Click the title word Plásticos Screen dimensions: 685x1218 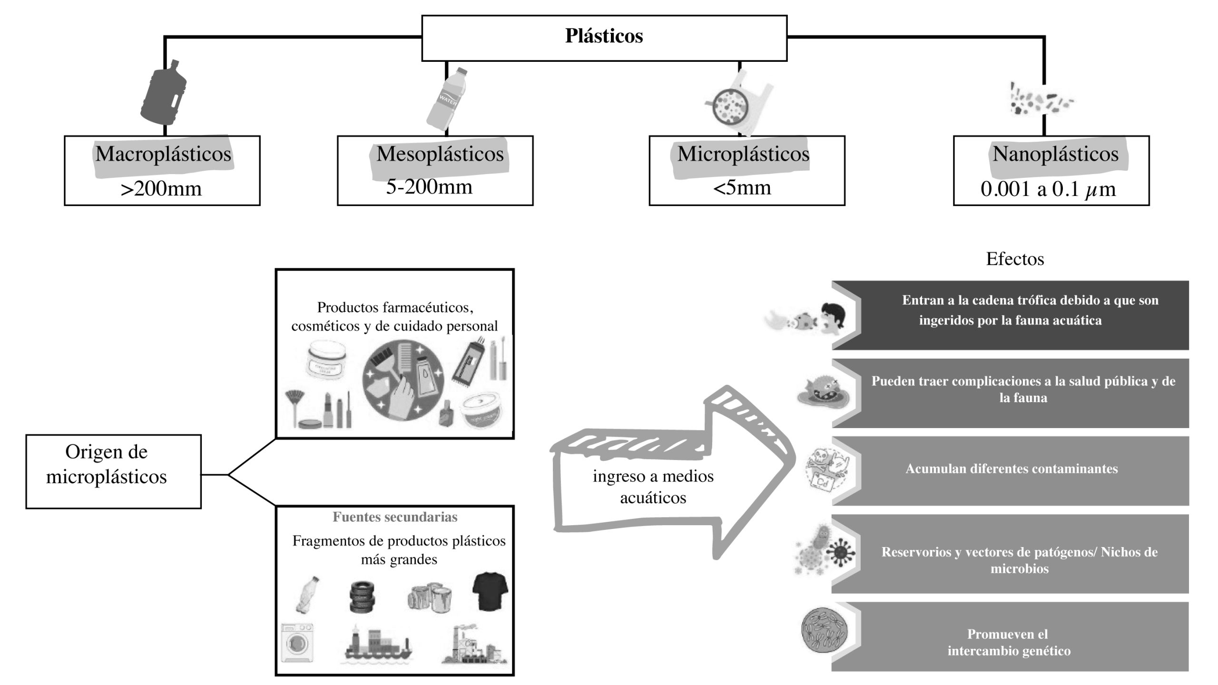[604, 36]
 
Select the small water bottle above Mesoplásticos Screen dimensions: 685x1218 [446, 100]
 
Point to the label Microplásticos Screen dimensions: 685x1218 [743, 154]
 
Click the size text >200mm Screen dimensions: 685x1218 [161, 189]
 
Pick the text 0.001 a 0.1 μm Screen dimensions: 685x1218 [1048, 189]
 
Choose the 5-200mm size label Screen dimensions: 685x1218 [429, 186]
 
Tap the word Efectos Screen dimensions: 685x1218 [1015, 259]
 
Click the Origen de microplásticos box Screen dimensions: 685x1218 [113, 471]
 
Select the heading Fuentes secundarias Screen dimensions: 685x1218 [395, 517]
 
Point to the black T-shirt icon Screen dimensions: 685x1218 [490, 592]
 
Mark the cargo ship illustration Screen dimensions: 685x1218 [377, 645]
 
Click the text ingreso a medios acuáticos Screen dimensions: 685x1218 [653, 487]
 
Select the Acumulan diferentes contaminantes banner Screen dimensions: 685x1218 [1011, 469]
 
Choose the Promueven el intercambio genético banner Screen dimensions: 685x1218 [1009, 642]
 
